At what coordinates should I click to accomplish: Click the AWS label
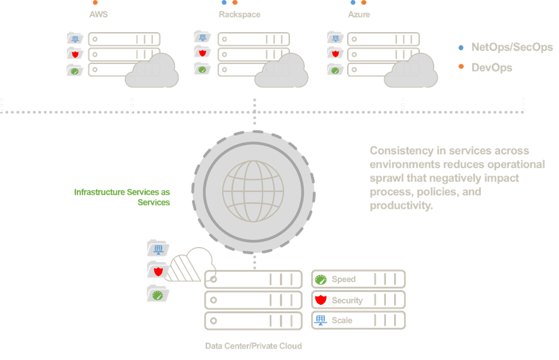(x=98, y=15)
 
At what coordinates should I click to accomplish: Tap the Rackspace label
(x=239, y=15)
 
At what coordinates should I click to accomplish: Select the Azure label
(x=359, y=15)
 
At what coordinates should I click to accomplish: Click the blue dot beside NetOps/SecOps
(x=461, y=48)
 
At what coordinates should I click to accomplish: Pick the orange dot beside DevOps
(x=461, y=68)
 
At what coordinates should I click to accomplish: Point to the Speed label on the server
(x=343, y=279)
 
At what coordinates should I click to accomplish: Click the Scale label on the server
(x=342, y=321)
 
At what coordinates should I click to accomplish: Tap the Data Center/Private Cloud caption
(x=253, y=346)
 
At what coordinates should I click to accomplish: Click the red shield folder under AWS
(x=75, y=53)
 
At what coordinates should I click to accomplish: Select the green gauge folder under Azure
(x=335, y=69)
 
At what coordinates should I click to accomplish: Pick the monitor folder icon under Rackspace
(x=203, y=37)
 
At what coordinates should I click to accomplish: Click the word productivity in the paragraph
(x=401, y=206)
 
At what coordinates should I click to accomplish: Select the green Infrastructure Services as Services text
(x=122, y=197)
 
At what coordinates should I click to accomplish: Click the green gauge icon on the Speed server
(x=321, y=280)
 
